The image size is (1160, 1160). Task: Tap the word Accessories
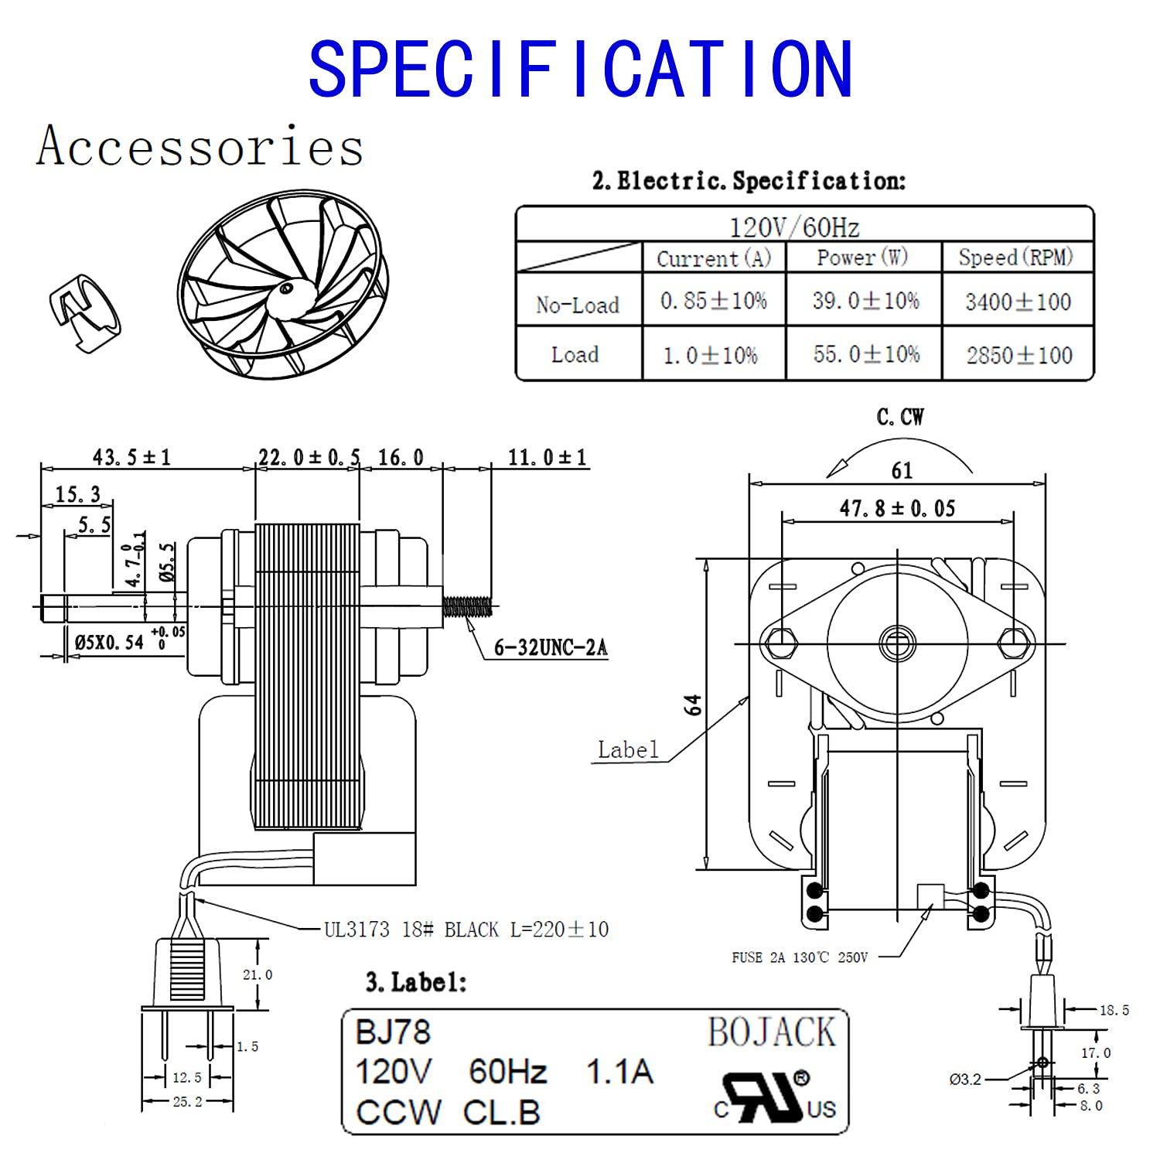200,145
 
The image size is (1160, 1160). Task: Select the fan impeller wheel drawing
282,285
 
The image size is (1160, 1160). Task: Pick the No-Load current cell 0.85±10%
713,301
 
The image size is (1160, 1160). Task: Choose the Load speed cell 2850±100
1018,355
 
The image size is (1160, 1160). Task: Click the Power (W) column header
862,258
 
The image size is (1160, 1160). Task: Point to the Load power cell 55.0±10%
866,354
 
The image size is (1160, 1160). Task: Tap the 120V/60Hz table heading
794,227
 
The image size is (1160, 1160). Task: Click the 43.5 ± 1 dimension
131,457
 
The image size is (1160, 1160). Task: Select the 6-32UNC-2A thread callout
551,647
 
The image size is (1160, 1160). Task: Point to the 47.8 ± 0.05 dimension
897,508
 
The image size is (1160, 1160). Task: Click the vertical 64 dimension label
694,705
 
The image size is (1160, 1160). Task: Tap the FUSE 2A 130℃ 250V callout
800,957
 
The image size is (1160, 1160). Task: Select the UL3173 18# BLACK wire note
466,929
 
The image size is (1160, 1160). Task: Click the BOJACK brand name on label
771,1032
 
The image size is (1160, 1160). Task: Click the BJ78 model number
392,1032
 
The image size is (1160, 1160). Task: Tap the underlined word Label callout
628,749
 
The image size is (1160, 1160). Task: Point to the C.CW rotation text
900,417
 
